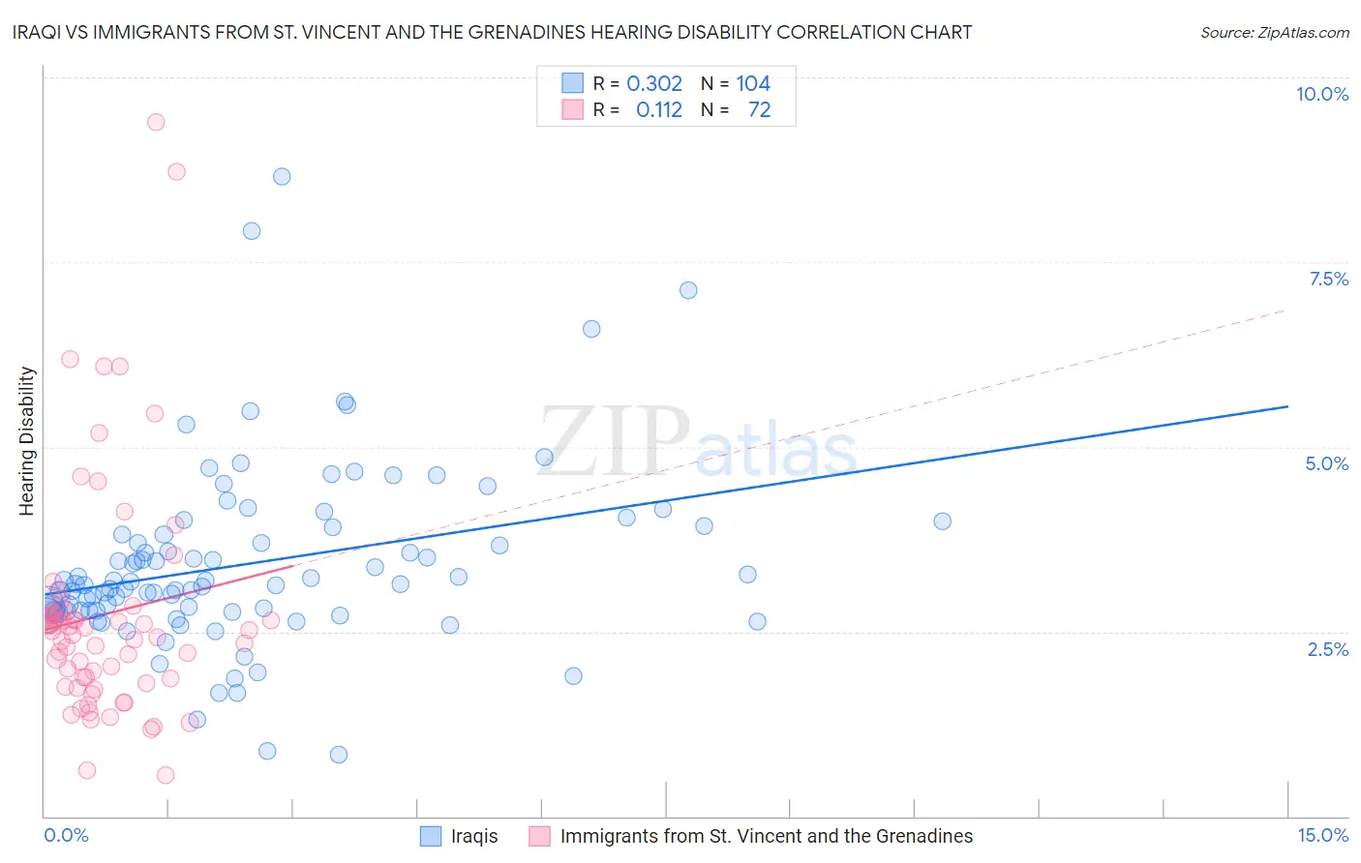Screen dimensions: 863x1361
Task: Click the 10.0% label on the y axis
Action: (1321, 94)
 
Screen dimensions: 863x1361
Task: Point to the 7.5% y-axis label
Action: (1328, 279)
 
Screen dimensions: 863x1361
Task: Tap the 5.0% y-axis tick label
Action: (1326, 463)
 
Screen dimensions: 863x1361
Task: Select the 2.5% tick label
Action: (1327, 649)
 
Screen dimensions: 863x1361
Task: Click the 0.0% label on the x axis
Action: (66, 835)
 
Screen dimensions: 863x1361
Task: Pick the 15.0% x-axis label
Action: (1322, 835)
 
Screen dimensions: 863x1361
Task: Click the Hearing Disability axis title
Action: (26, 440)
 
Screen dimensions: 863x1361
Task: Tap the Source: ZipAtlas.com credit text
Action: (1274, 32)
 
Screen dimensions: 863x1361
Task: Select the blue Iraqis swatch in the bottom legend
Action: (431, 836)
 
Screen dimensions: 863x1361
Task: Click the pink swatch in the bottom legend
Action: (540, 836)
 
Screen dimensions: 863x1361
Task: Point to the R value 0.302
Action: (654, 83)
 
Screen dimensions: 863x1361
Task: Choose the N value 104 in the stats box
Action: (753, 83)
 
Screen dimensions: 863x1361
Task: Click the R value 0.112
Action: (658, 109)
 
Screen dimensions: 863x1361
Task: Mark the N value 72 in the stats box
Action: (759, 109)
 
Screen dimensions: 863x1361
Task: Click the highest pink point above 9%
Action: (156, 122)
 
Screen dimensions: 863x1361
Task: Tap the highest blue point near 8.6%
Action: (282, 176)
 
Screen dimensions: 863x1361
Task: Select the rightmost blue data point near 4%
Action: (942, 521)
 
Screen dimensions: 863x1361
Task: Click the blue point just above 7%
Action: (688, 290)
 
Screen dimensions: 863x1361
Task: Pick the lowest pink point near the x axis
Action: (166, 775)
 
